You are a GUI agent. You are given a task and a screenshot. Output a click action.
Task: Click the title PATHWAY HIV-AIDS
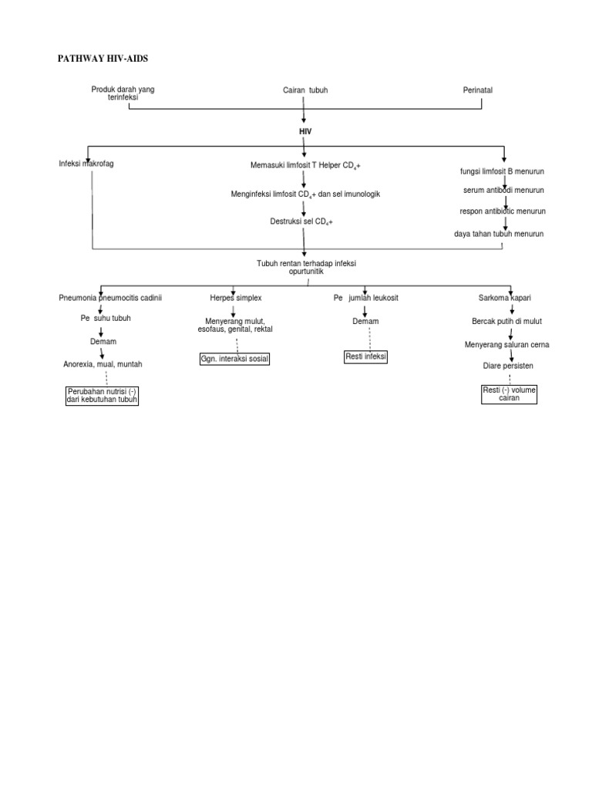click(x=109, y=59)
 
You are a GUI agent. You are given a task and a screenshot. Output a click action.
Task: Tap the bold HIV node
click(x=305, y=132)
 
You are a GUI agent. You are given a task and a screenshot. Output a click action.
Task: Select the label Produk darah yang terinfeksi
click(x=123, y=93)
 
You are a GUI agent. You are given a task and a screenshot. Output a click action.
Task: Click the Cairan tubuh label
click(x=305, y=90)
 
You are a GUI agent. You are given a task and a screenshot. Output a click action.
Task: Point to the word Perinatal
click(x=477, y=90)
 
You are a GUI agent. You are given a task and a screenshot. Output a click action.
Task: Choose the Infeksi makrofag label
click(x=86, y=164)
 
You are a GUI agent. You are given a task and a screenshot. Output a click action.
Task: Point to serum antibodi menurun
click(x=503, y=190)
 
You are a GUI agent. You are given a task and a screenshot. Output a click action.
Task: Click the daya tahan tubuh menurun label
click(x=499, y=233)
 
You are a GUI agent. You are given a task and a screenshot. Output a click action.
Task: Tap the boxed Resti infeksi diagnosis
click(x=366, y=356)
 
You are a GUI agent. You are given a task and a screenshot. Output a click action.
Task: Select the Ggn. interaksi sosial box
click(x=234, y=360)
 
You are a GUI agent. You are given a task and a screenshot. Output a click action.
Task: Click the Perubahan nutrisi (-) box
click(x=102, y=396)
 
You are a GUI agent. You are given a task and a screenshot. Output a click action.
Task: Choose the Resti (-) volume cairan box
click(x=509, y=394)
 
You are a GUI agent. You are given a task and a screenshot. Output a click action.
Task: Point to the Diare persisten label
click(x=509, y=365)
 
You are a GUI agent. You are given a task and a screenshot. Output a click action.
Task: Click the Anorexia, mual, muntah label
click(x=103, y=363)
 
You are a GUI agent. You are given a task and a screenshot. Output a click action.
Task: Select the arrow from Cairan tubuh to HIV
click(x=304, y=110)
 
